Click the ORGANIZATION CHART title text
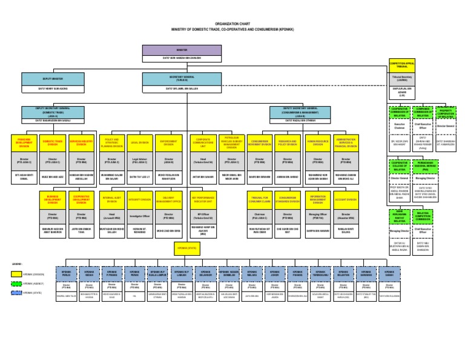[232, 21]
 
